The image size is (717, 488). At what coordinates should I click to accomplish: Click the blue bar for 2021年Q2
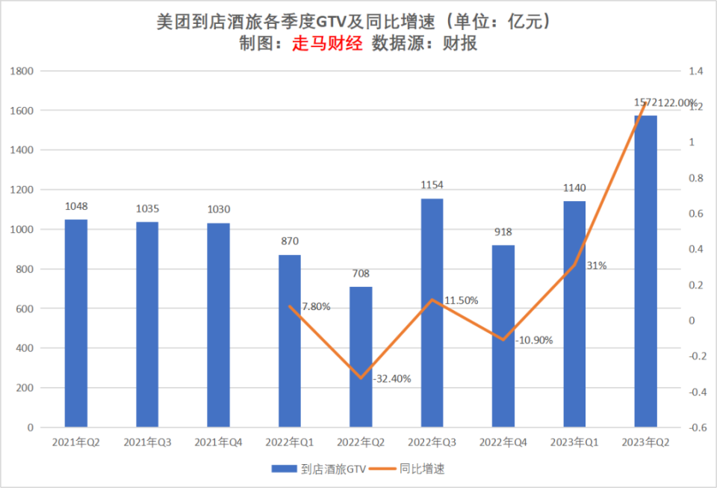coord(75,323)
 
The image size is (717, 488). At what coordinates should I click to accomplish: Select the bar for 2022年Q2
coord(361,356)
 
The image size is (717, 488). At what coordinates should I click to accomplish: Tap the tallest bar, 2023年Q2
coord(645,271)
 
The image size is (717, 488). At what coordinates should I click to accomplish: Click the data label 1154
coord(432,184)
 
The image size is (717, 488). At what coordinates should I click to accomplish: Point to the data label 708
coord(361,274)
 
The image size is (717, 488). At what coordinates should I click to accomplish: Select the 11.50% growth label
coord(462,300)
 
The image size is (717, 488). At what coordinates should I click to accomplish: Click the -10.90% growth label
coord(534,340)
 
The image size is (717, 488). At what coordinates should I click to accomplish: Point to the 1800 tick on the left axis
coord(24,71)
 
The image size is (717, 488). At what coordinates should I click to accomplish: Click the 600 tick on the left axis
coord(27,309)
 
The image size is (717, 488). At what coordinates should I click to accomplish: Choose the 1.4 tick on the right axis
coord(696,71)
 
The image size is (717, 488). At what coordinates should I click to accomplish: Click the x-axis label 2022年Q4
coord(503,442)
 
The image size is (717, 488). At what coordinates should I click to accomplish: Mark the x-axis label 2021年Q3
coord(147,442)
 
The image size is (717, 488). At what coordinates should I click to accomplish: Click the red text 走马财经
coord(327,44)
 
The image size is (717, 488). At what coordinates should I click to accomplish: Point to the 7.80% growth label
coord(316,306)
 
